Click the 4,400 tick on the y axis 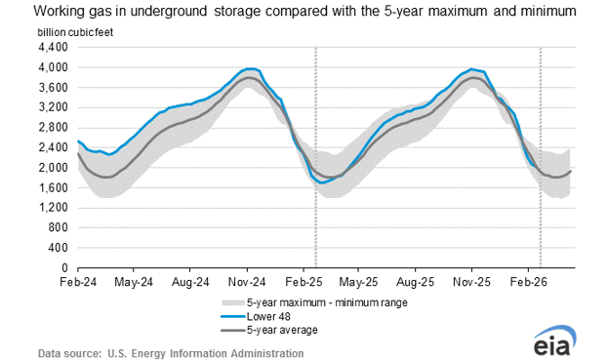[x=52, y=47]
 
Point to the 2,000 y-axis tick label [x=52, y=167]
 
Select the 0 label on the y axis [x=64, y=267]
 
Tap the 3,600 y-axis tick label [x=52, y=87]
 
